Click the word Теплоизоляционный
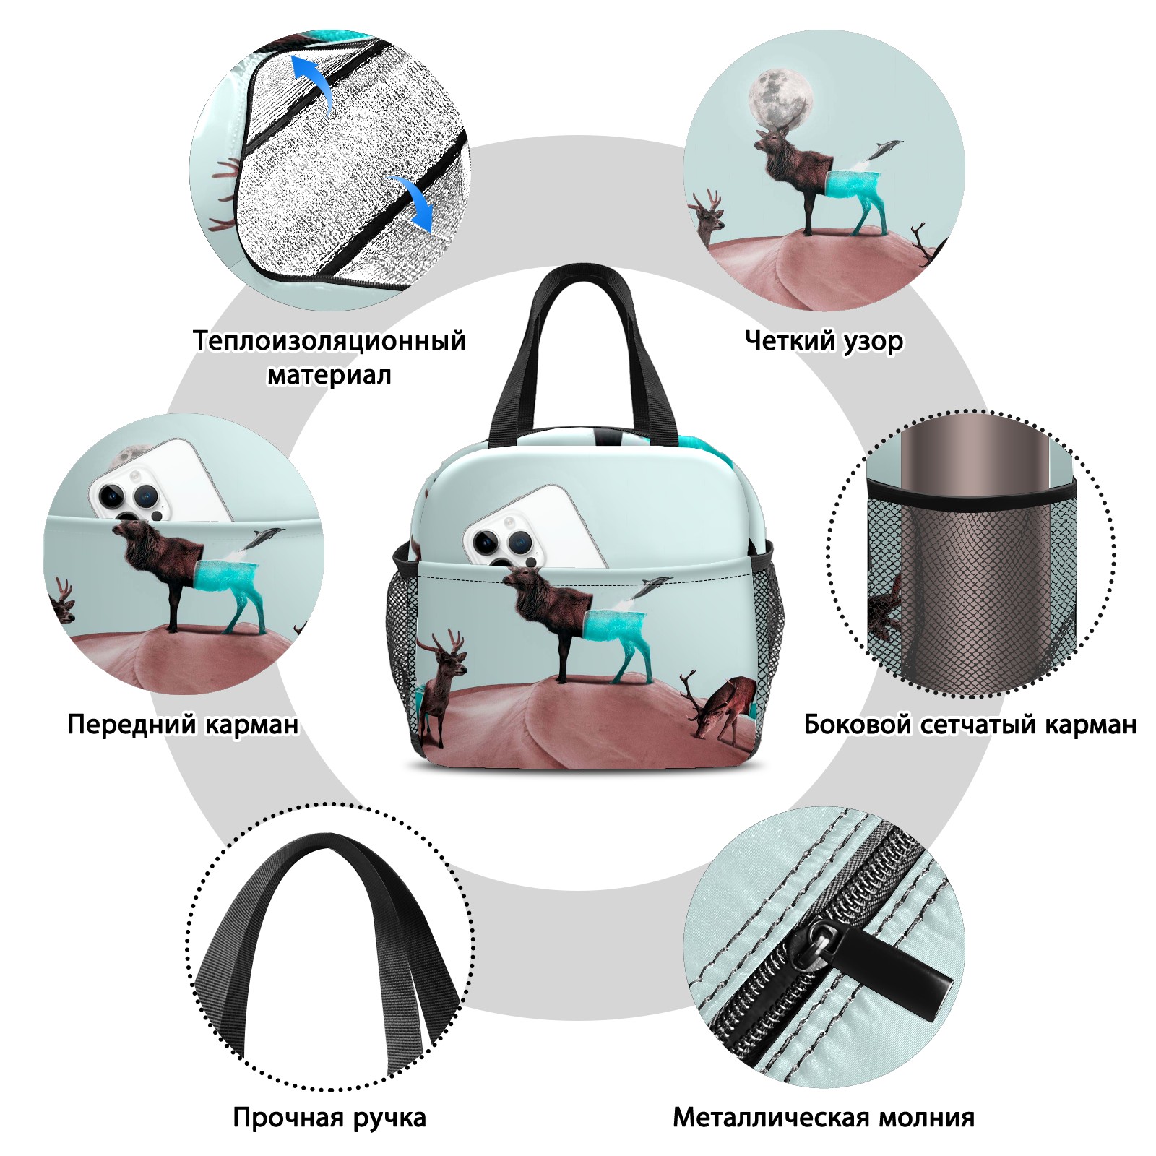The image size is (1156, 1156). [x=329, y=340]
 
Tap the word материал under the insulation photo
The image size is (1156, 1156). [x=329, y=375]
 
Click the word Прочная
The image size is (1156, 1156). [x=288, y=1118]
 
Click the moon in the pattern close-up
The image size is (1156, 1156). [x=780, y=98]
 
